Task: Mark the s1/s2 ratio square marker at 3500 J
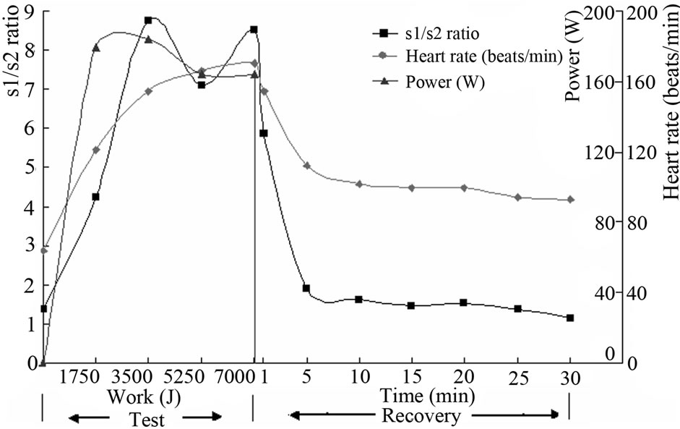(x=148, y=20)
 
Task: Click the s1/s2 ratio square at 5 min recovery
(x=306, y=288)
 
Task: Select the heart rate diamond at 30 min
(x=570, y=200)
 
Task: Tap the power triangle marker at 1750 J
(x=95, y=48)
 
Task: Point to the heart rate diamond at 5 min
(x=306, y=166)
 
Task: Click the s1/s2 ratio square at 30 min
(x=570, y=318)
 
